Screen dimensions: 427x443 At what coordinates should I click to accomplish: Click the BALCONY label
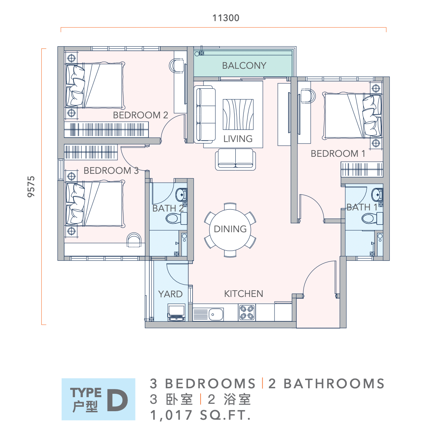[x=244, y=65]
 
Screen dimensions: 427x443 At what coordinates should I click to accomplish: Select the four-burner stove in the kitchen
[x=247, y=312]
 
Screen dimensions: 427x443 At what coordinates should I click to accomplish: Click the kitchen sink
[x=216, y=314]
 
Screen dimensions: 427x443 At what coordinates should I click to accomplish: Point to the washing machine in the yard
[x=177, y=312]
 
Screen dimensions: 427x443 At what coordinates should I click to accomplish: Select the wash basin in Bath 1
[x=378, y=195]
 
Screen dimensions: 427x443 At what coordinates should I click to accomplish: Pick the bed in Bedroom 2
[x=95, y=86]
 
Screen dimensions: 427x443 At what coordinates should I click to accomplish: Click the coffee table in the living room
[x=238, y=114]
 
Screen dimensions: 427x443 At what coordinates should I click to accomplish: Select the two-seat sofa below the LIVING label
[x=235, y=159]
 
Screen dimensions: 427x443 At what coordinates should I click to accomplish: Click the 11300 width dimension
[x=226, y=18]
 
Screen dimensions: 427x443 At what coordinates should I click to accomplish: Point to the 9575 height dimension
[x=31, y=186]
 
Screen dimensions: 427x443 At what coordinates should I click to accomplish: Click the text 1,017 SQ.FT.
[x=200, y=416]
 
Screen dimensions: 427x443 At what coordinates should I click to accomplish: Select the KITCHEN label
[x=243, y=294]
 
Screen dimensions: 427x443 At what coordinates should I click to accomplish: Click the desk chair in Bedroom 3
[x=134, y=240]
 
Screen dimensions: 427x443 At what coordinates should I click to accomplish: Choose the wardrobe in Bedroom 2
[x=106, y=130]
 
